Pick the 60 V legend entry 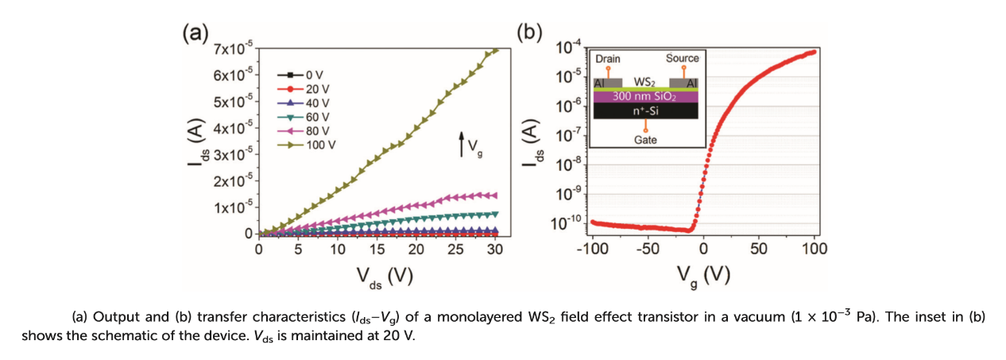[307, 118]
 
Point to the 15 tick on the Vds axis [377, 249]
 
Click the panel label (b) [529, 33]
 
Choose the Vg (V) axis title [703, 276]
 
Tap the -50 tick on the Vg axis [647, 249]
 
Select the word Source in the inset [683, 58]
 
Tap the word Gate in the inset [645, 140]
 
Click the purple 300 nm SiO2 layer [645, 96]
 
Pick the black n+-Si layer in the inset [645, 111]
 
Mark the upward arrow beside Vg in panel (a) [462, 145]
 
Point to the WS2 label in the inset [645, 82]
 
